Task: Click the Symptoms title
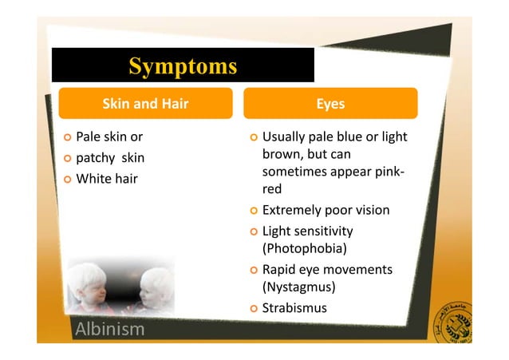tap(183, 65)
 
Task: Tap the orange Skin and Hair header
tap(144, 104)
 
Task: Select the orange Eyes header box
tap(330, 104)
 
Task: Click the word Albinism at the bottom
tap(109, 329)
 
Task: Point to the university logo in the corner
tap(451, 320)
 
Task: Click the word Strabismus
tap(294, 308)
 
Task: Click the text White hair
tap(106, 178)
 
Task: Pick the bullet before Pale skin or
tap(67, 137)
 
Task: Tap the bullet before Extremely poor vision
tap(254, 211)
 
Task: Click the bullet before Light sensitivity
tap(254, 231)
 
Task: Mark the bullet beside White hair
tap(67, 179)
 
